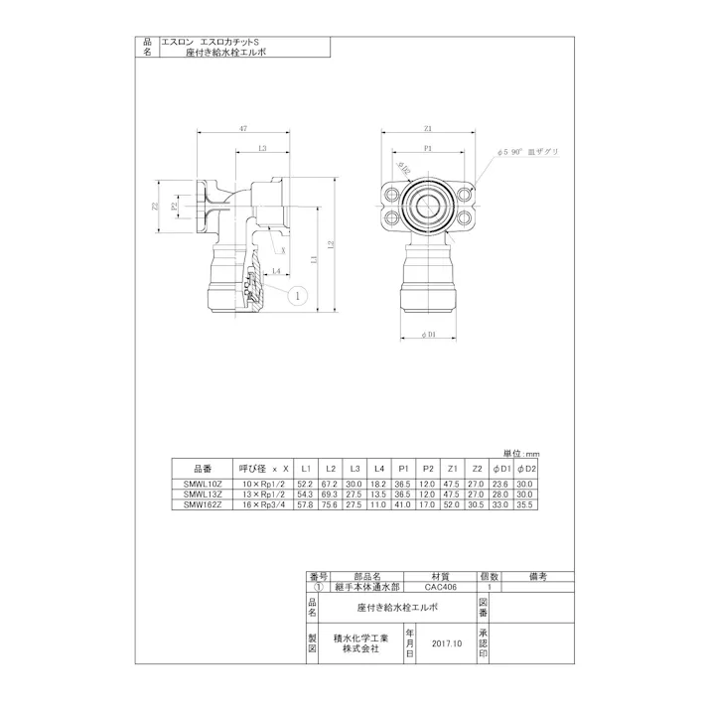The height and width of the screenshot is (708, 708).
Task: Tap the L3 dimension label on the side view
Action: pyautogui.click(x=261, y=149)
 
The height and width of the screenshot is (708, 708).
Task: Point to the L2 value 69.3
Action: pyautogui.click(x=331, y=495)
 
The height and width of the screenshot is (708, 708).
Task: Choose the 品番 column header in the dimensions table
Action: pyautogui.click(x=202, y=469)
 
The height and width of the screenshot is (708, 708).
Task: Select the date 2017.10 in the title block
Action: pyautogui.click(x=448, y=644)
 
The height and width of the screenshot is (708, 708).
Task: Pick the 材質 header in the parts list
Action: pyautogui.click(x=440, y=576)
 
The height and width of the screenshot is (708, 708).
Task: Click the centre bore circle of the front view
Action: pyautogui.click(x=428, y=206)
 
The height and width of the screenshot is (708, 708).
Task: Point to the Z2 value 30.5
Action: pyautogui.click(x=477, y=503)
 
